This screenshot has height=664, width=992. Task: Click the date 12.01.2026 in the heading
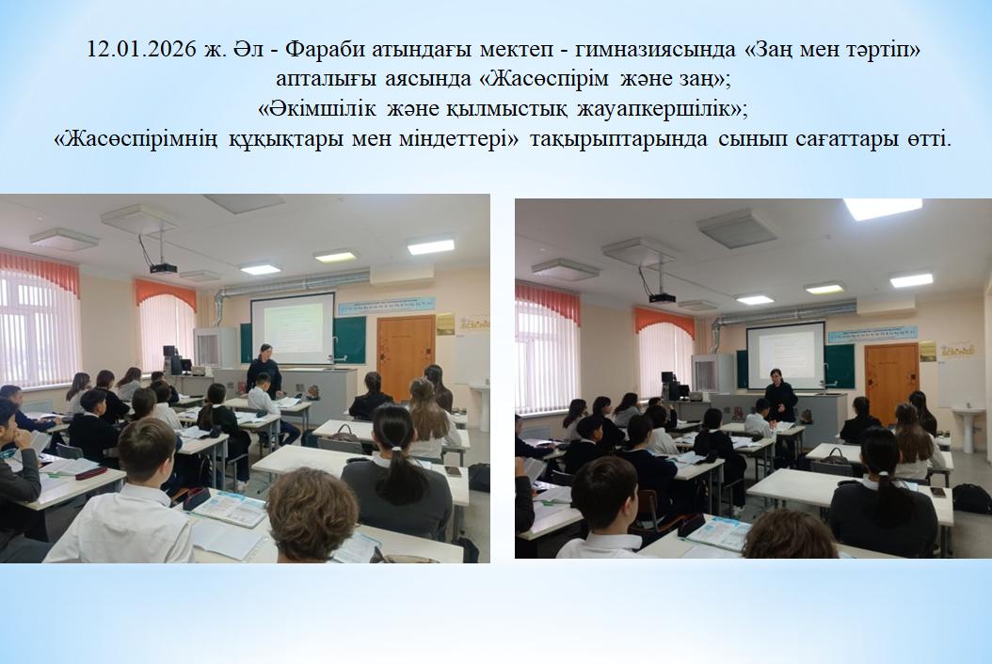click(x=142, y=49)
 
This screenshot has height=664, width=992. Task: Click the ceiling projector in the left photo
click(x=163, y=269)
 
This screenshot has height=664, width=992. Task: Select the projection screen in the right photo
click(x=786, y=355)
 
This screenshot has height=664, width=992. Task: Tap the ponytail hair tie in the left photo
click(x=397, y=449)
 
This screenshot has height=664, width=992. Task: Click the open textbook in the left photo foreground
click(x=231, y=507)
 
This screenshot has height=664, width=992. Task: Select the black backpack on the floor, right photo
click(x=971, y=498)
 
